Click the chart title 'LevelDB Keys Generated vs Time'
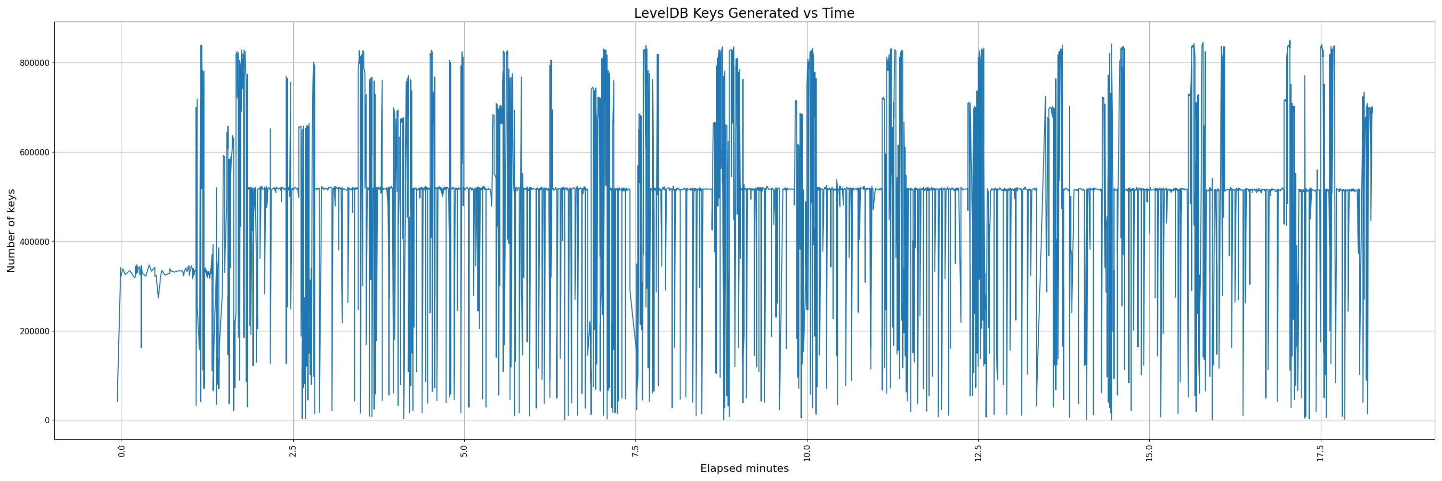[744, 13]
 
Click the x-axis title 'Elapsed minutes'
[744, 468]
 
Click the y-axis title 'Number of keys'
[11, 231]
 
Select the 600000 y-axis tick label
[33, 152]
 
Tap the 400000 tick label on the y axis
[33, 242]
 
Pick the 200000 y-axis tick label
[33, 331]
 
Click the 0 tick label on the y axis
[47, 420]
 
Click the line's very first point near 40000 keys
[117, 402]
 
